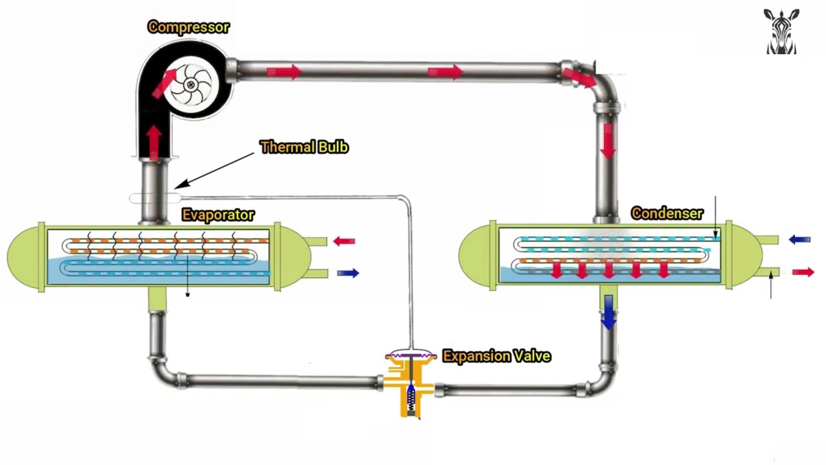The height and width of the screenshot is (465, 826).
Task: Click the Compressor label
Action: (188, 27)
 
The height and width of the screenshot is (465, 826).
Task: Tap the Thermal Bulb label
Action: (304, 147)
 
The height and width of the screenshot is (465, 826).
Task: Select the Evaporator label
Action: (217, 215)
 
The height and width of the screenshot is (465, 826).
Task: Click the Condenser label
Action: (667, 213)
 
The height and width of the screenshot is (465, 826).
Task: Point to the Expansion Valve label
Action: (496, 356)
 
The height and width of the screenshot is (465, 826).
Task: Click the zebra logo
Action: (781, 32)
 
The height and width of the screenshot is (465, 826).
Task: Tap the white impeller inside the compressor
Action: (191, 85)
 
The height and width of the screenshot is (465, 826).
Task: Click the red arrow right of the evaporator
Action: (344, 242)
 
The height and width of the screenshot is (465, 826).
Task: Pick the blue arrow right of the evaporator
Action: (348, 273)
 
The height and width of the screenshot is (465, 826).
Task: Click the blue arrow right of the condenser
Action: (800, 240)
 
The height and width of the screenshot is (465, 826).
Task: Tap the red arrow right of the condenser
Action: (803, 273)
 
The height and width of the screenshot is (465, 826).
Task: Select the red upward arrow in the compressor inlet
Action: (154, 141)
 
